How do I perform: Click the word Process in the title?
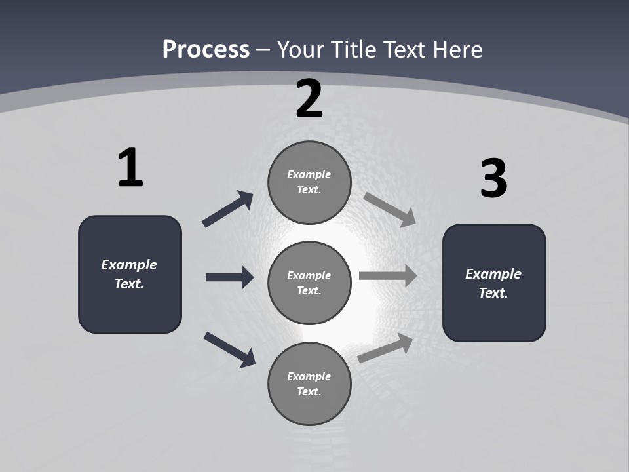click(x=206, y=49)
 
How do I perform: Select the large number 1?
click(x=130, y=168)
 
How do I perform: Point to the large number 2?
click(x=309, y=100)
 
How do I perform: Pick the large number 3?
click(x=493, y=179)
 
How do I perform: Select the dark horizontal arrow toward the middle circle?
click(x=229, y=277)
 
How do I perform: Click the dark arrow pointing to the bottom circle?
click(x=229, y=349)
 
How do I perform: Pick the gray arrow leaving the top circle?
click(x=390, y=209)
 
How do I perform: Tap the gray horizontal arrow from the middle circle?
click(x=388, y=276)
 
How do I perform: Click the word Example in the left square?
click(x=129, y=265)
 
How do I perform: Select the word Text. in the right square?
click(x=493, y=293)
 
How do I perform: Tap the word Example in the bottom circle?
click(x=309, y=376)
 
